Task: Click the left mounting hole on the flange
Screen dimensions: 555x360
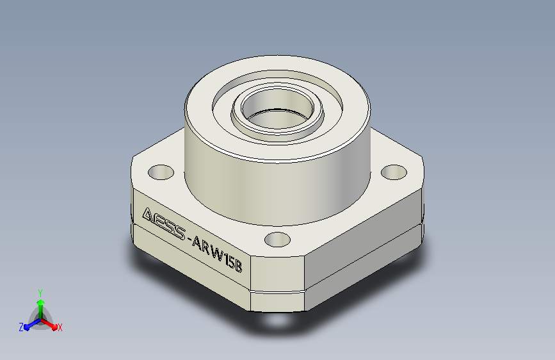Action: pos(161,172)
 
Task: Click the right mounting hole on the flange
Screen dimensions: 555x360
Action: pos(394,172)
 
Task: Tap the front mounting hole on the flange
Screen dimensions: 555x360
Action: pos(278,240)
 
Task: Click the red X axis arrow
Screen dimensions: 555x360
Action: pos(49,323)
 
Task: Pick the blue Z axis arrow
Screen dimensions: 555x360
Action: pos(33,324)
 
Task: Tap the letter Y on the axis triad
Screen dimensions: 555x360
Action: pos(40,293)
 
